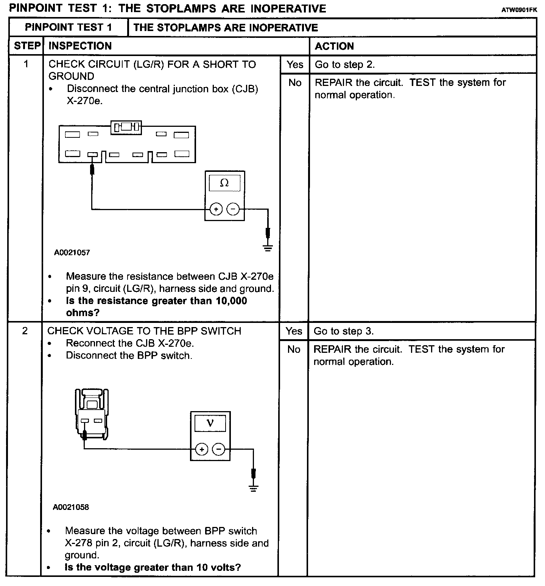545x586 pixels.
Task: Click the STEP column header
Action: point(26,46)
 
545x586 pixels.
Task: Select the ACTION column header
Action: point(334,46)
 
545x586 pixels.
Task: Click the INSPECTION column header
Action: point(80,46)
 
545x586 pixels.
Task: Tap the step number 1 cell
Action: point(26,64)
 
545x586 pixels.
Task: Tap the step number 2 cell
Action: point(25,331)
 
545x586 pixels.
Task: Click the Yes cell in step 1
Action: point(295,65)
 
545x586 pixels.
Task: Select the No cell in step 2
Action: point(294,349)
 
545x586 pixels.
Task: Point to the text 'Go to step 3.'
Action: point(344,331)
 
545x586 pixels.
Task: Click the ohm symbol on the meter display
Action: point(224,183)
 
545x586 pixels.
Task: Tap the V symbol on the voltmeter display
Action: point(210,423)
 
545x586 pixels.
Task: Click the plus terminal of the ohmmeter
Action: point(216,209)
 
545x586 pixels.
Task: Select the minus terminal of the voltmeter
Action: point(218,449)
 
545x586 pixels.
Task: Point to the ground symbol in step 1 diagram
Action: point(268,248)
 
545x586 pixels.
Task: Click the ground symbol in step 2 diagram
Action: point(254,488)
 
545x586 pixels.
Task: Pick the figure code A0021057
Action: point(72,252)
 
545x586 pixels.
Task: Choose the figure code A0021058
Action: point(71,507)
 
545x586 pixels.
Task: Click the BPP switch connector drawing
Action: point(92,415)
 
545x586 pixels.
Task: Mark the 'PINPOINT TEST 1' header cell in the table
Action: point(69,27)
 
